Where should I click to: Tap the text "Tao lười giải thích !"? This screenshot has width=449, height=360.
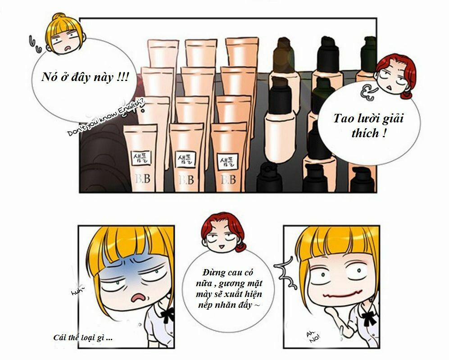point(369,126)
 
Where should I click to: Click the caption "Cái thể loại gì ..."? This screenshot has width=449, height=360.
point(83,337)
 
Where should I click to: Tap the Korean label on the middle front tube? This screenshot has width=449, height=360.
point(185,159)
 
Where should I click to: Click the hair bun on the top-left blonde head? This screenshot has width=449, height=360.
point(59,19)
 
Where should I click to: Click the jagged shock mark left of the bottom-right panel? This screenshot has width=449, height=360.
point(284,272)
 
